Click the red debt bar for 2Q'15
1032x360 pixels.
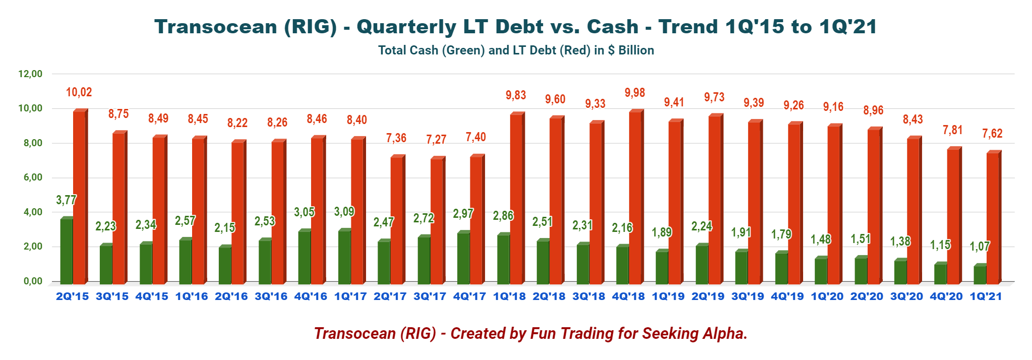80,197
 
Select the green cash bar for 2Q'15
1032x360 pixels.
67,251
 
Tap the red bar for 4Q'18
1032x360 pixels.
635,197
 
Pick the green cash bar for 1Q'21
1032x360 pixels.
980,274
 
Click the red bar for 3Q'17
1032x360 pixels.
437,221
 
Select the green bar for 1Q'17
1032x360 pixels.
344,257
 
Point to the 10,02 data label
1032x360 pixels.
79,92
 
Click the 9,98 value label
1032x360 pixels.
635,93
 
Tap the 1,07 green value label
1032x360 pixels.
980,247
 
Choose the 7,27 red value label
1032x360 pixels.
436,140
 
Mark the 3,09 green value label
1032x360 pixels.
344,211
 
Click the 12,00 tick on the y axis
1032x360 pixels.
30,74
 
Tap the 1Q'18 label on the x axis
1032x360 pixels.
509,296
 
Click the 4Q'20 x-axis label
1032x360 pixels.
946,296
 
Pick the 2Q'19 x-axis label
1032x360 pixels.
708,296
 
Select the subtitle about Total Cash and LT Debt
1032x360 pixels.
516,50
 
